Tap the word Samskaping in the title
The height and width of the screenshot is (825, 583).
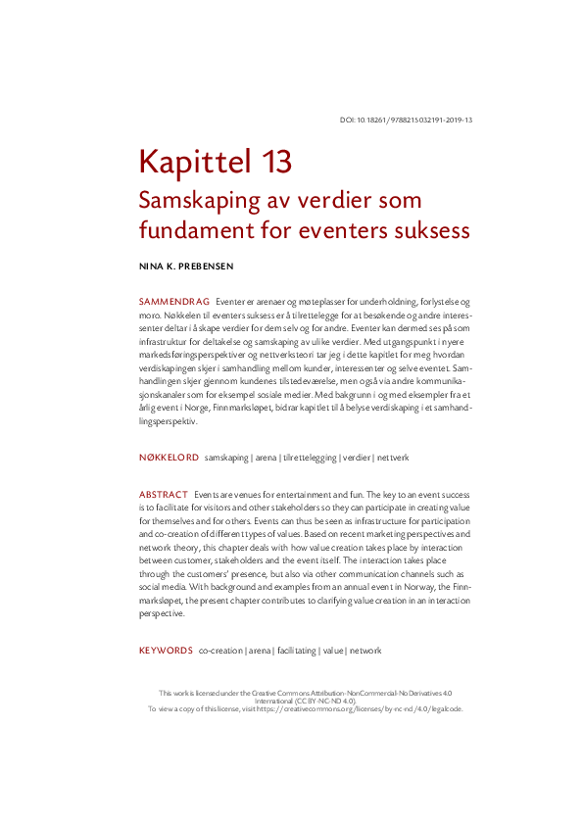point(196,200)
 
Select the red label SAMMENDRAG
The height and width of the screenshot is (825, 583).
point(174,301)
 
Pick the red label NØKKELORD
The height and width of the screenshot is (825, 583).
point(170,458)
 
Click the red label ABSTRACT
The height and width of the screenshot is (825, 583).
point(163,495)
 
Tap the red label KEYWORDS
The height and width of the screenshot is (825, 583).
point(166,651)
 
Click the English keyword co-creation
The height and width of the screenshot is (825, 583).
point(221,651)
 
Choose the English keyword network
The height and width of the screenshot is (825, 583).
point(365,651)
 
